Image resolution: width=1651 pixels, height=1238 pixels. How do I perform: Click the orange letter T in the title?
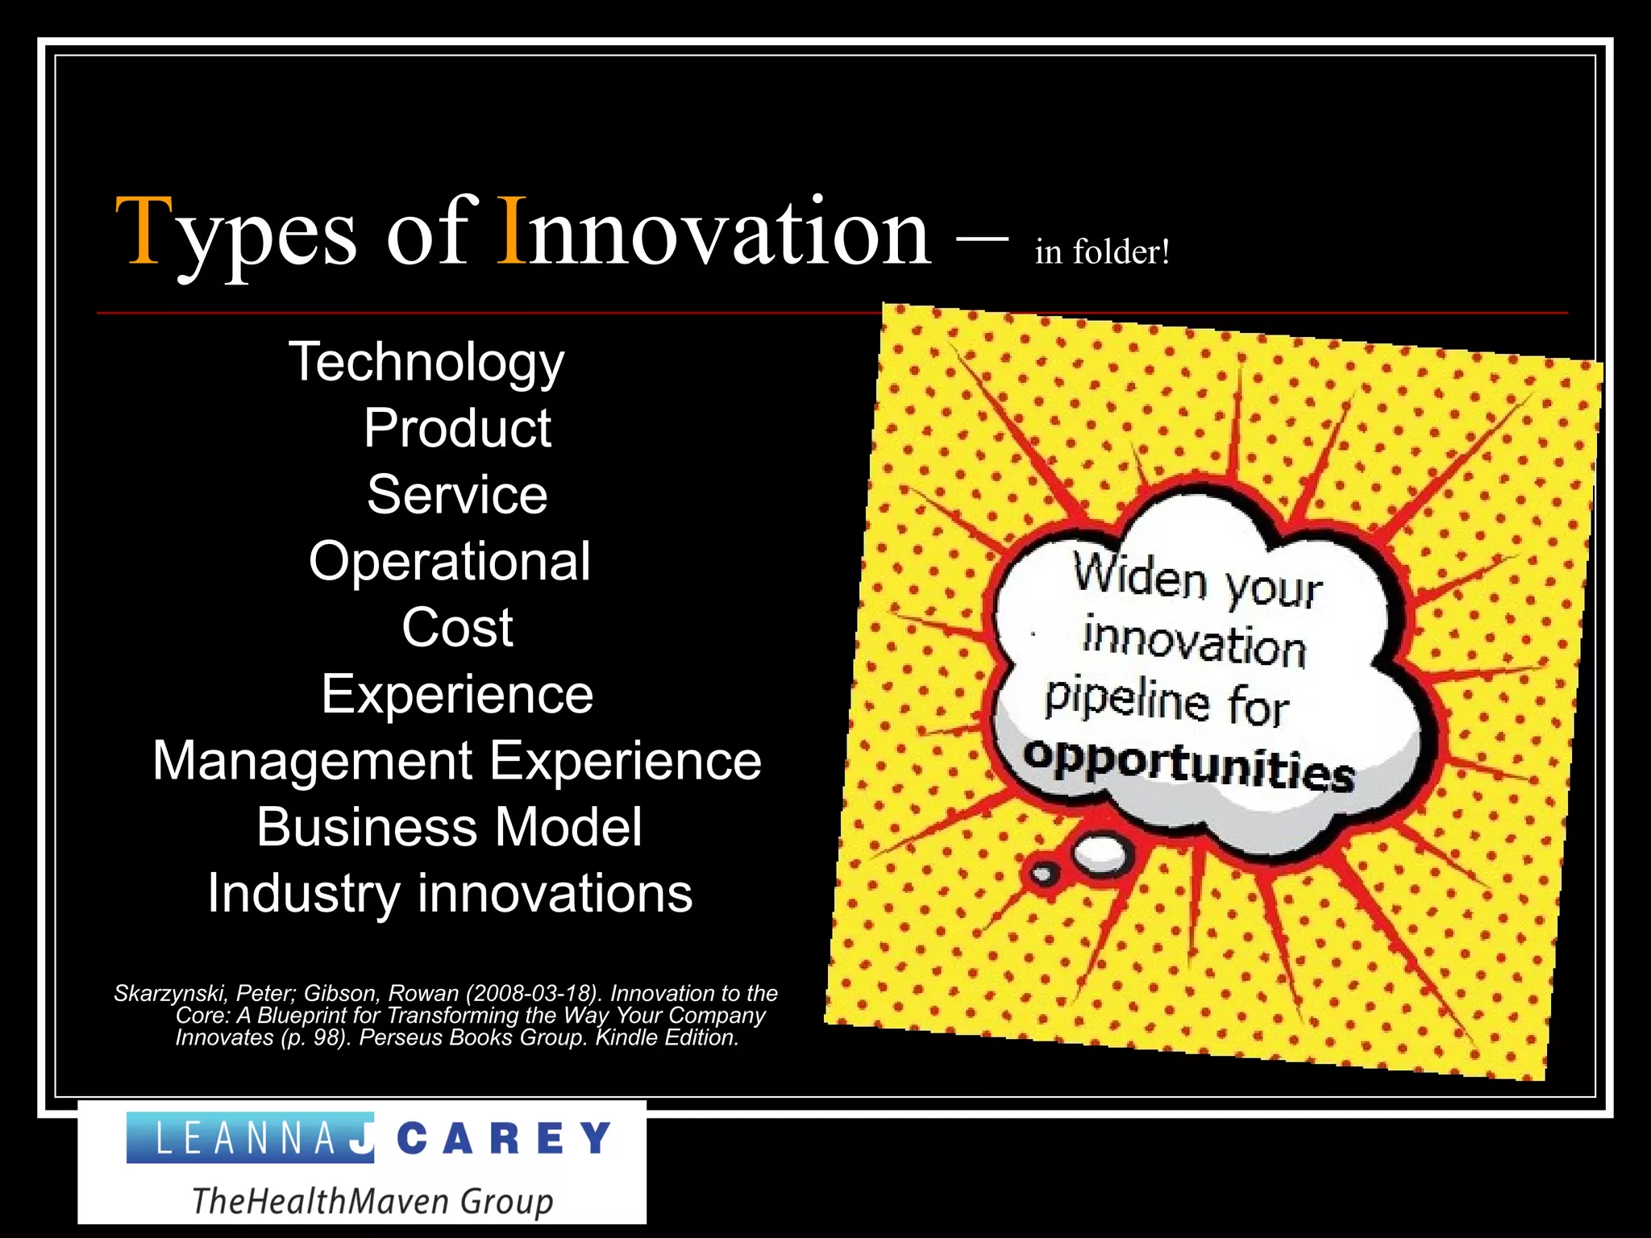145,231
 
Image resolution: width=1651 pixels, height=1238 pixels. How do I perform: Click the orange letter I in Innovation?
512,231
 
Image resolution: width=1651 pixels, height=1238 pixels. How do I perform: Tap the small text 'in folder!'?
1102,251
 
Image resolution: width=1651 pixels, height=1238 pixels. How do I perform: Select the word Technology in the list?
426,362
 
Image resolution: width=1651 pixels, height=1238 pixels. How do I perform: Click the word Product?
457,428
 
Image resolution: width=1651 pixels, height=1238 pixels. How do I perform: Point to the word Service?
457,494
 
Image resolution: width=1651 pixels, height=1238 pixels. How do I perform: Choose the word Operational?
450,561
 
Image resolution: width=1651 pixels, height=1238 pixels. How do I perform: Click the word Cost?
457,627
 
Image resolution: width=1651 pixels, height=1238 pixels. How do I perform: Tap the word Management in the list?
313,761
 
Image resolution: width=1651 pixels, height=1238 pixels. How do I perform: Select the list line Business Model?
450,827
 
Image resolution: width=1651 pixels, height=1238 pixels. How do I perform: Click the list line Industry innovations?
450,893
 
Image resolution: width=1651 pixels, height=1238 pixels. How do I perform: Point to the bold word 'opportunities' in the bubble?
1189,763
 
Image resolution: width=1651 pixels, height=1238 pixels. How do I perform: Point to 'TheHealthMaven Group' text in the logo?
372,1201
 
